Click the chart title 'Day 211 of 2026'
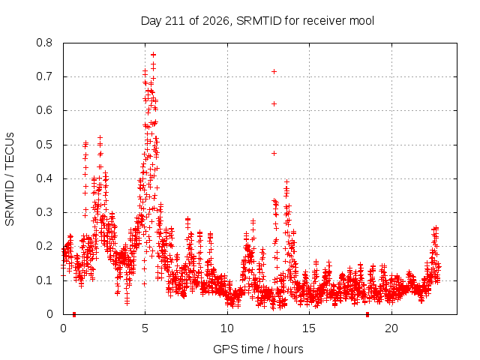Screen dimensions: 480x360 tap(185, 21)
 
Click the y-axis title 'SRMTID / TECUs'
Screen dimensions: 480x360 tap(10, 179)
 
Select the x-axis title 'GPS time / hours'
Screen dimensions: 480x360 tap(258, 349)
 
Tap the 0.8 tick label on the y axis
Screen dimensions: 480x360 tap(44, 43)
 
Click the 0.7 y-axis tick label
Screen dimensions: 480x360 tap(44, 76)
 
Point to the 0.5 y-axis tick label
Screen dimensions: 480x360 tap(44, 145)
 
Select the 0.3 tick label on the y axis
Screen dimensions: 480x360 tap(44, 212)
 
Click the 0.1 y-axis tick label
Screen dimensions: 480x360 tap(44, 280)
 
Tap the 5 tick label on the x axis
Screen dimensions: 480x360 tap(145, 328)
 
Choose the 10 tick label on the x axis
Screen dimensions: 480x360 tap(227, 328)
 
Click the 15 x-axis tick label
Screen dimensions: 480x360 tap(309, 328)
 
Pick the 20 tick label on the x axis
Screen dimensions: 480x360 tap(391, 328)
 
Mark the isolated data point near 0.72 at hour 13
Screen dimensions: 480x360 tap(274, 72)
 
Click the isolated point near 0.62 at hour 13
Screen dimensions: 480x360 tap(274, 104)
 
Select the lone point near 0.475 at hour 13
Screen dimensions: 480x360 tap(274, 153)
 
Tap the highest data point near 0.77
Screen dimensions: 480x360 tap(153, 55)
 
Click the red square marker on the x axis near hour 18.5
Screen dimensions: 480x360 tap(367, 314)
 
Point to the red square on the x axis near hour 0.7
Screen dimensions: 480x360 tap(74, 314)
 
